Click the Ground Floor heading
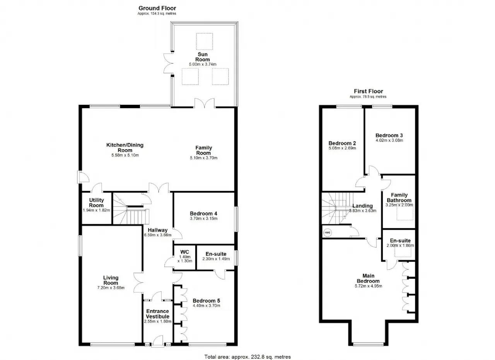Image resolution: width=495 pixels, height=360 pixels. (157, 8)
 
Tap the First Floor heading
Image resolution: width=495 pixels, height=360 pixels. (369, 91)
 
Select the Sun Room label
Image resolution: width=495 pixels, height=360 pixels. (202, 57)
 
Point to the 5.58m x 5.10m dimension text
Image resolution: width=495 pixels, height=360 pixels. (125, 155)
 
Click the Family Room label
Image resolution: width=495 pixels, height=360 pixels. (203, 150)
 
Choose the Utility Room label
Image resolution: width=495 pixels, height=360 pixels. (96, 203)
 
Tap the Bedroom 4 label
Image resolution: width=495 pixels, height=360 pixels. (203, 213)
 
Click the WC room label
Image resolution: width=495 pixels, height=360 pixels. (184, 252)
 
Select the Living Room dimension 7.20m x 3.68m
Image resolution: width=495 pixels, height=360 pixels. (111, 288)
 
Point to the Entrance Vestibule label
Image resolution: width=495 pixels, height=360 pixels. (157, 314)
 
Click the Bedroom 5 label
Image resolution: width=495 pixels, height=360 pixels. (207, 301)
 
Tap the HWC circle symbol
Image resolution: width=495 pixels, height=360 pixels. (327, 233)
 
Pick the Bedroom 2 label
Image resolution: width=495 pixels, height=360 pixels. (342, 143)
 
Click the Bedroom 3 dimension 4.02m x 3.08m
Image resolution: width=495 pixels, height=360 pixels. (389, 140)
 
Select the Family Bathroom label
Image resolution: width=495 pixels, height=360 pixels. (399, 198)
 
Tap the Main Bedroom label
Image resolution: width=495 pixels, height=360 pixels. (368, 278)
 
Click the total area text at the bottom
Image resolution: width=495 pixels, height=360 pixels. (247, 357)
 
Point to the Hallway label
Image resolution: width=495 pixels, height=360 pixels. (157, 230)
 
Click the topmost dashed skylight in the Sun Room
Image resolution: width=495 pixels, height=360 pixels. (205, 41)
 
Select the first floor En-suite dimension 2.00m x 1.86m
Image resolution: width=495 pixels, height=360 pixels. (400, 246)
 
